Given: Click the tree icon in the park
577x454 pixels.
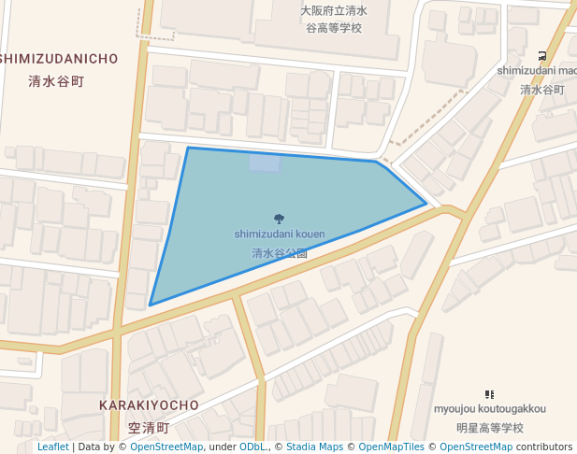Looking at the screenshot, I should (x=280, y=219).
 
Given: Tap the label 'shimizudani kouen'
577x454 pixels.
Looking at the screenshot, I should (x=280, y=234).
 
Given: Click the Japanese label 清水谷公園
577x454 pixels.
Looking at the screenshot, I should (x=280, y=253).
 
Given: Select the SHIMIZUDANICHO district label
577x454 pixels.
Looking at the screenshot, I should (x=59, y=59).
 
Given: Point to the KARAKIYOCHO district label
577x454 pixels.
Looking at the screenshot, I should (x=149, y=405).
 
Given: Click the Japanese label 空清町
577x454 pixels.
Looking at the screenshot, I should (x=149, y=428).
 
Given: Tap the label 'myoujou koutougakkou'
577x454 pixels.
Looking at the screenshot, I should (x=489, y=409).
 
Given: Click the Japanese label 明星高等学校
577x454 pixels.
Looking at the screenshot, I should (x=489, y=428).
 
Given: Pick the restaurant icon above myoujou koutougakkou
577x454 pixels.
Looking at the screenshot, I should (x=489, y=395).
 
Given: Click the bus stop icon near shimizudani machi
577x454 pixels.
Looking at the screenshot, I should (x=543, y=56).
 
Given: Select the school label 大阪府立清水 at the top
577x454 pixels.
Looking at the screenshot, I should (x=334, y=11).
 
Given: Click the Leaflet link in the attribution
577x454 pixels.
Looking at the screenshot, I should (x=52, y=447).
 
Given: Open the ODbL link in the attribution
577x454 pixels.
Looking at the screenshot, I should (x=252, y=447).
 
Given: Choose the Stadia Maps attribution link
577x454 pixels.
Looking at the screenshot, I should (x=314, y=447).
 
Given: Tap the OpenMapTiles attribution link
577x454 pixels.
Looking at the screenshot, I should (x=392, y=447).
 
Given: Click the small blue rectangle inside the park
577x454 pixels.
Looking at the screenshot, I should (x=264, y=163).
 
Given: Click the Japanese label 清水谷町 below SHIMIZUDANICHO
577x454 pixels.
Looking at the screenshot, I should (x=56, y=81).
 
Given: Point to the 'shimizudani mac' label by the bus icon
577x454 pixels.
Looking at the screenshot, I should (x=537, y=71).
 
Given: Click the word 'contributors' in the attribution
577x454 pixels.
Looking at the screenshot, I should (x=544, y=447).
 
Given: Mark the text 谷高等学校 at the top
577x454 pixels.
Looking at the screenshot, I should (x=334, y=28).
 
